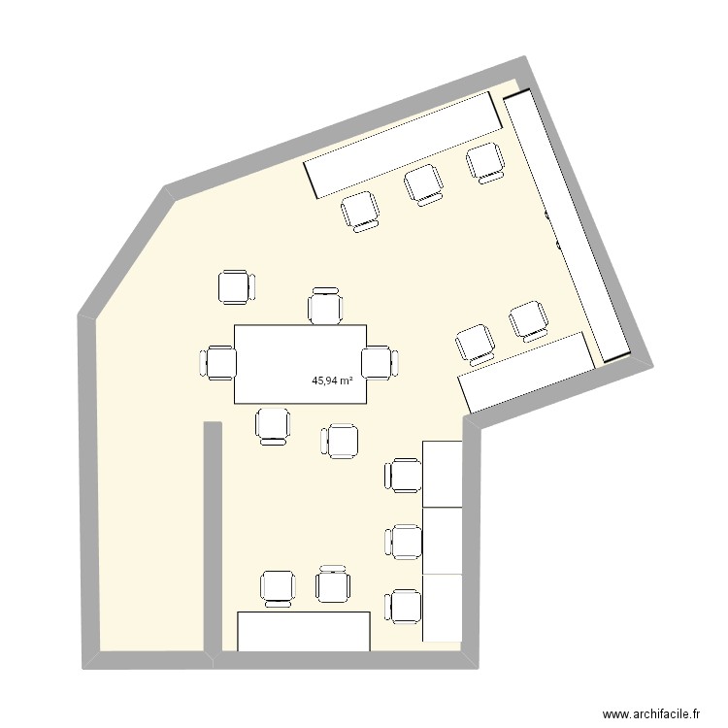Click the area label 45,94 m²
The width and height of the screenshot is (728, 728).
click(x=331, y=381)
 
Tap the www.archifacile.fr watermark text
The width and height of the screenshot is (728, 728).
click(x=651, y=711)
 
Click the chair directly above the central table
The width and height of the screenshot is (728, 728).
click(x=325, y=306)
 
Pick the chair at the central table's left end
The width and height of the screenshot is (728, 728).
click(x=219, y=362)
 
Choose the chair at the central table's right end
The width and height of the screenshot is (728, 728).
click(x=379, y=362)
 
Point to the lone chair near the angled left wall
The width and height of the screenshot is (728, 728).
click(x=235, y=288)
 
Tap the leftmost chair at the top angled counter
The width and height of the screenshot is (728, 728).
click(x=361, y=210)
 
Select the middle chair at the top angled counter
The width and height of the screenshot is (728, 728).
click(x=424, y=183)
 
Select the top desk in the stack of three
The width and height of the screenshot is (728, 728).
click(x=442, y=474)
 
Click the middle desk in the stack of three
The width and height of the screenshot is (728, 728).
click(x=442, y=541)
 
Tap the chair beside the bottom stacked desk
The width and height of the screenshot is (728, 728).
click(x=405, y=608)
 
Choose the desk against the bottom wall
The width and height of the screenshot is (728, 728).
click(x=304, y=631)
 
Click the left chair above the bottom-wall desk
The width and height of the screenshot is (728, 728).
click(x=279, y=587)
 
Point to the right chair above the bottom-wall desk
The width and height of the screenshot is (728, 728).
click(x=333, y=585)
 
